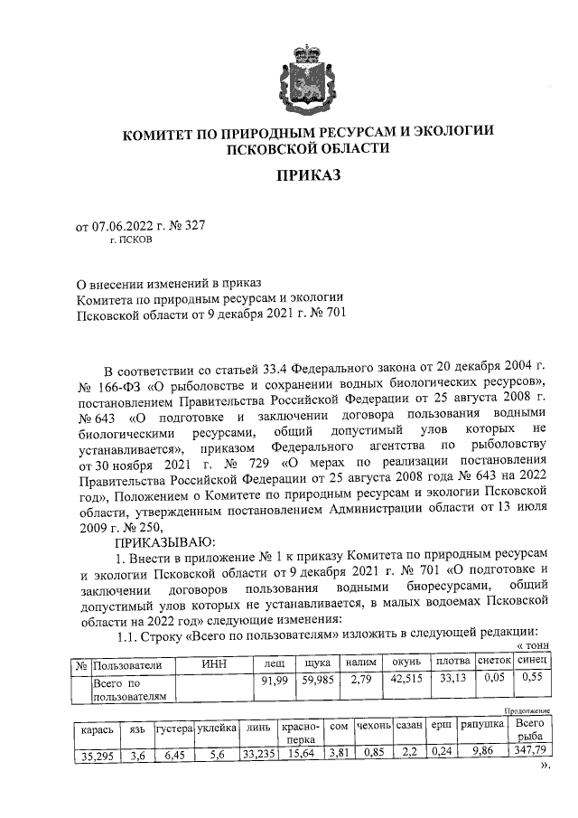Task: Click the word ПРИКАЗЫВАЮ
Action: [160, 541]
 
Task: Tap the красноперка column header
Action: [297, 733]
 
